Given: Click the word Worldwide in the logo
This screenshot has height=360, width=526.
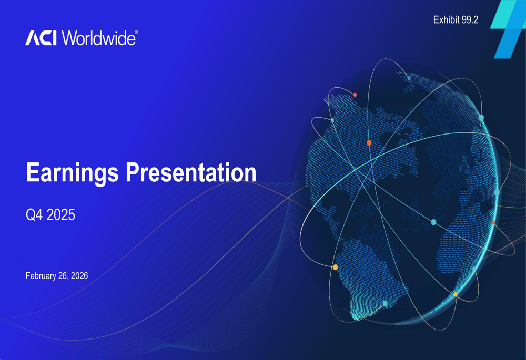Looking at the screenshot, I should (x=98, y=38).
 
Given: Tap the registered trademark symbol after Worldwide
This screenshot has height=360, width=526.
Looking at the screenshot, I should (x=137, y=33).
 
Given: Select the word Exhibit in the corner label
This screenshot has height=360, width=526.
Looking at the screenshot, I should (x=446, y=20).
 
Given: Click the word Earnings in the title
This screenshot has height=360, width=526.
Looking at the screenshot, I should (x=73, y=173).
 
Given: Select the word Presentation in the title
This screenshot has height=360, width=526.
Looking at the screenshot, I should (x=190, y=173).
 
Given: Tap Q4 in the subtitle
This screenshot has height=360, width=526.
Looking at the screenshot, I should (x=34, y=215).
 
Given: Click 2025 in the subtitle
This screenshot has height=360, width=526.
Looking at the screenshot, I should (x=60, y=215).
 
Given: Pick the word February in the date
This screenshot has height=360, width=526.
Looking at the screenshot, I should (x=41, y=276).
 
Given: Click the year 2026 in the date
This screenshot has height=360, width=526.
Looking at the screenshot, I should (x=79, y=276).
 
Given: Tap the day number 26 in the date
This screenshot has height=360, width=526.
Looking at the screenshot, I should (x=63, y=276).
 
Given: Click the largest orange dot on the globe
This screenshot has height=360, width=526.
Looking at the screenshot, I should (x=369, y=143).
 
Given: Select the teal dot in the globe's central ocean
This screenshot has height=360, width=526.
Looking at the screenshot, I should (x=433, y=222).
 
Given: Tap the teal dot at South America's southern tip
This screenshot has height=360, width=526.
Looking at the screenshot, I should (x=385, y=303).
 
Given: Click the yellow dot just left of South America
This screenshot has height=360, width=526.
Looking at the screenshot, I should (x=336, y=268).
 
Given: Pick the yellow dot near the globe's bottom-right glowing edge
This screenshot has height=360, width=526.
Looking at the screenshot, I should (x=456, y=294).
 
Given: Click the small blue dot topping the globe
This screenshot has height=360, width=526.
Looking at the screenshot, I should (x=409, y=78).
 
